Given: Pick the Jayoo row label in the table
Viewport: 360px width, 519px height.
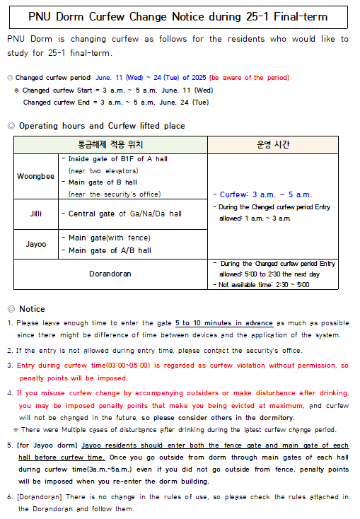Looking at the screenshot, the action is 37,244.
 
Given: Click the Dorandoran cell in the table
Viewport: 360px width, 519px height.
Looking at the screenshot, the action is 110,274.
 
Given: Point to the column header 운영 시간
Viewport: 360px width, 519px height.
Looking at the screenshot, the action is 273,144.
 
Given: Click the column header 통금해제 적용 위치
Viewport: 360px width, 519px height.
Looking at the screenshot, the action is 110,144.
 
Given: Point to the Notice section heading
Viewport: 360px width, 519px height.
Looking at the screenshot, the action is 31,309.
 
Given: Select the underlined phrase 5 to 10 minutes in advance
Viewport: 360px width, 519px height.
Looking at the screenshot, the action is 224,322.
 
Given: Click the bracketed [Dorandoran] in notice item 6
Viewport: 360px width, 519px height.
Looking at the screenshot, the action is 42,496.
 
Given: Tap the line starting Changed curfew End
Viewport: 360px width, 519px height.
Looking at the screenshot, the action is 116,103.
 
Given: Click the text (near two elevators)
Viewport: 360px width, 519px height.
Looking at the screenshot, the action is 103,170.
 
